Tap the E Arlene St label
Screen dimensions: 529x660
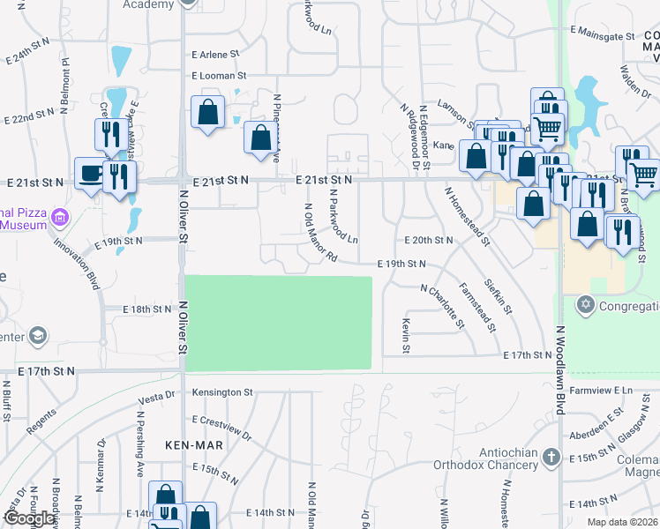(214, 54)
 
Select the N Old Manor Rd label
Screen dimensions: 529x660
(320, 234)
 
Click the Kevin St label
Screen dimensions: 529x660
(407, 336)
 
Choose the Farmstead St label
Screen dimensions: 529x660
(477, 308)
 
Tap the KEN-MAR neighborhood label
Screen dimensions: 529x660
(194, 445)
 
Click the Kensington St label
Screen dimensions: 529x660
(223, 391)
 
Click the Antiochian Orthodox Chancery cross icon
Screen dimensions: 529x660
(551, 457)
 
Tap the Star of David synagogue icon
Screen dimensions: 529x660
(583, 305)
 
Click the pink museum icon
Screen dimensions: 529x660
(60, 217)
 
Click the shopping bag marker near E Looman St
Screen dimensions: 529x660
(207, 112)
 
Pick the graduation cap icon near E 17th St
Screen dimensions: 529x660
(38, 336)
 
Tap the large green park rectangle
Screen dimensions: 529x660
(278, 324)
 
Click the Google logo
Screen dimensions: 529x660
(29, 518)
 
